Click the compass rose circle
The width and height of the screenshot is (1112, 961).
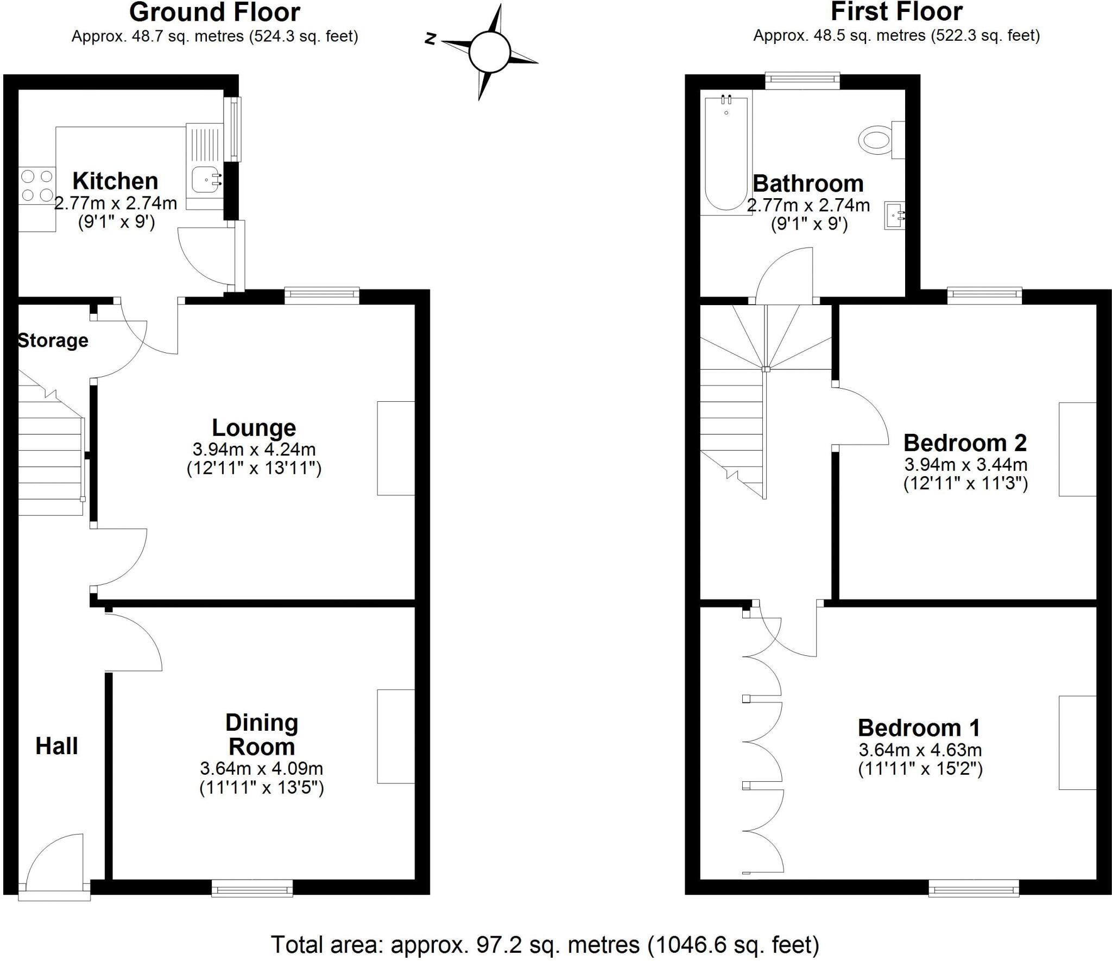click(489, 52)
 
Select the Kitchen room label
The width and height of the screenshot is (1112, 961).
click(115, 181)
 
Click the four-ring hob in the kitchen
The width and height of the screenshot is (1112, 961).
click(37, 185)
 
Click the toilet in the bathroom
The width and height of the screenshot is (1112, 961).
click(875, 140)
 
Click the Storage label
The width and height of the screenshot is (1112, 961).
click(53, 340)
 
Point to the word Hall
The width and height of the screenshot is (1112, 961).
click(56, 746)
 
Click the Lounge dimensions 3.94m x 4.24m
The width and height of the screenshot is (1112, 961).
click(254, 450)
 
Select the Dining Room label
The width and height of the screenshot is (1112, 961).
click(262, 735)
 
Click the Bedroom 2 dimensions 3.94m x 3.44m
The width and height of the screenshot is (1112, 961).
click(965, 465)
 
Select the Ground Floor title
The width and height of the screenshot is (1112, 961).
click(214, 12)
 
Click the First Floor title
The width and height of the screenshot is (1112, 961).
click(896, 11)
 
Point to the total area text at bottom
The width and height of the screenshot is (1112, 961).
click(545, 945)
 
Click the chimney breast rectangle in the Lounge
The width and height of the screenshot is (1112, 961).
click(396, 448)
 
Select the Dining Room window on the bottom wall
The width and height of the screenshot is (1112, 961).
click(252, 888)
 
